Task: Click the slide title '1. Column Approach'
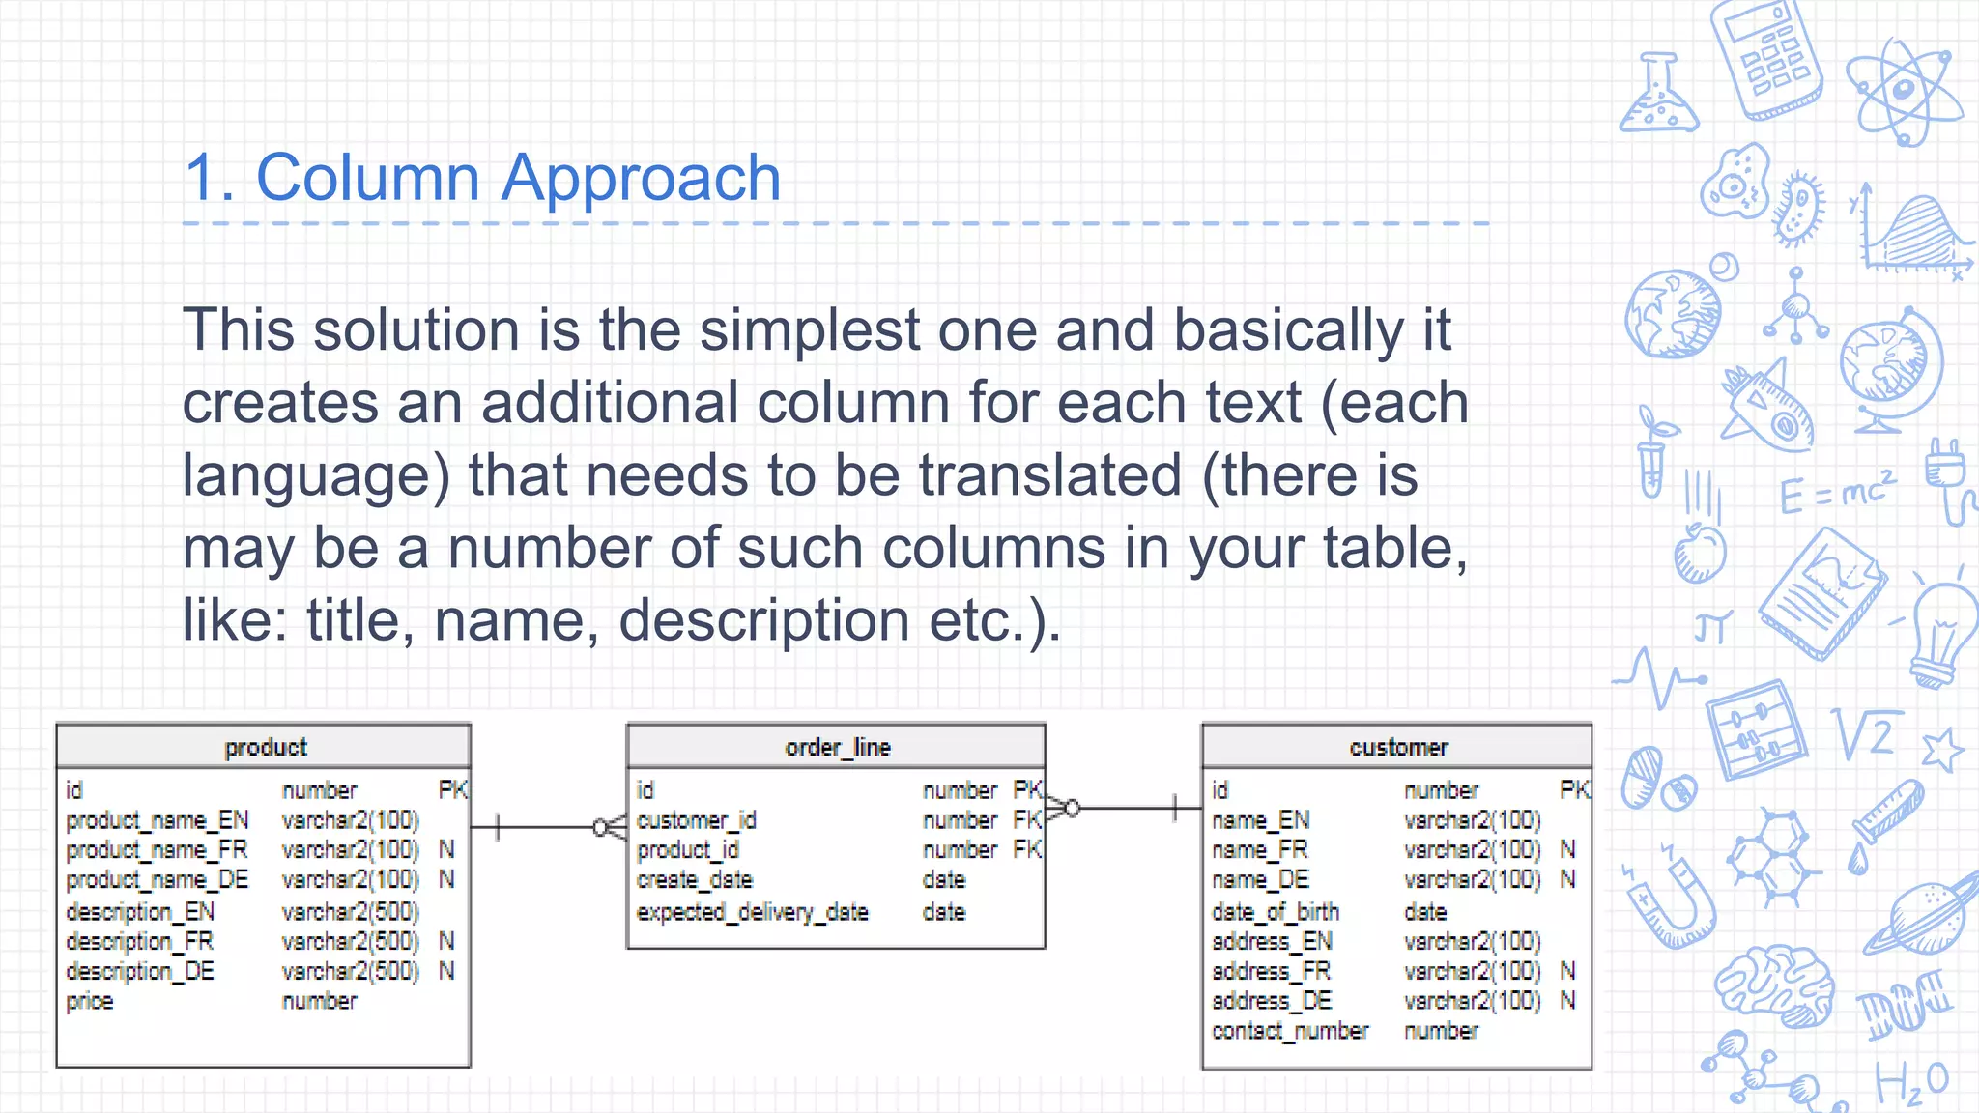click(x=481, y=179)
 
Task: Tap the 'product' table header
click(x=265, y=747)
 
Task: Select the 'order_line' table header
click(x=837, y=747)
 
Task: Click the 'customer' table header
click(x=1397, y=747)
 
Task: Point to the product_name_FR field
click(x=157, y=850)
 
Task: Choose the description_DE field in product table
click(x=140, y=971)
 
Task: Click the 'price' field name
click(x=90, y=1001)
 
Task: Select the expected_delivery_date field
click(x=752, y=911)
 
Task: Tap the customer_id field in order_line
click(x=696, y=820)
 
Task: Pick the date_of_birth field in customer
click(x=1275, y=911)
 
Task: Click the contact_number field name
click(x=1289, y=1031)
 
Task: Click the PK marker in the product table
click(x=452, y=790)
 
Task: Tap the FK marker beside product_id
click(x=1026, y=850)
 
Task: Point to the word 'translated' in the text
click(x=1050, y=475)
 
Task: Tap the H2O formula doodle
click(x=1911, y=1082)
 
